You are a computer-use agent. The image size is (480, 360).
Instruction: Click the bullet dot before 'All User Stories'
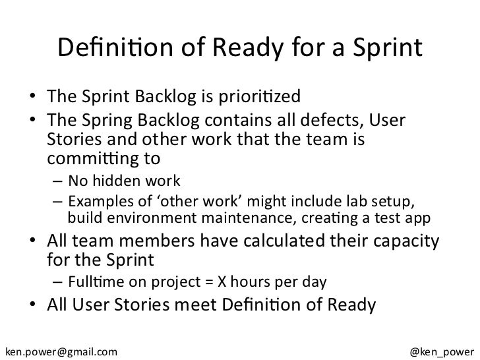(32, 307)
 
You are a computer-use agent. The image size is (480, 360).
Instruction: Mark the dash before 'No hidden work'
(59, 181)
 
